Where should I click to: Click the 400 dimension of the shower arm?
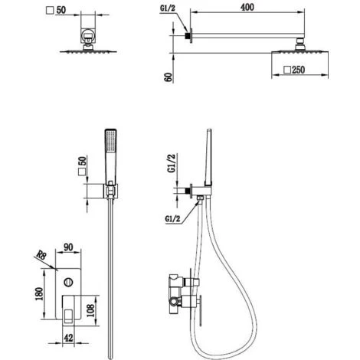tap(247, 7)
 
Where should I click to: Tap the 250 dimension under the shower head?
tap(298, 70)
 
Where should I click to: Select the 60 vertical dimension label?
tap(169, 77)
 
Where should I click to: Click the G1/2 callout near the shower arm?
tap(168, 8)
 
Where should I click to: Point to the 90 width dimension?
tap(68, 247)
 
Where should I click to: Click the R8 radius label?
tap(41, 255)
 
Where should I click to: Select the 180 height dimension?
tap(39, 293)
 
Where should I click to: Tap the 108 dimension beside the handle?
tap(90, 310)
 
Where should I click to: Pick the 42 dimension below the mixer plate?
tap(68, 338)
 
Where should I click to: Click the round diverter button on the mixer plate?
tap(68, 283)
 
